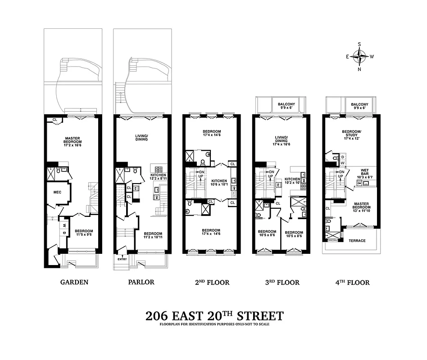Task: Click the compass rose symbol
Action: tap(359, 57)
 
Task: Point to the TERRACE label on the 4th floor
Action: tap(357, 240)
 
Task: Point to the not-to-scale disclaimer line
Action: tap(215, 324)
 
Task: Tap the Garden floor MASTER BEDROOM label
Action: tap(72, 139)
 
